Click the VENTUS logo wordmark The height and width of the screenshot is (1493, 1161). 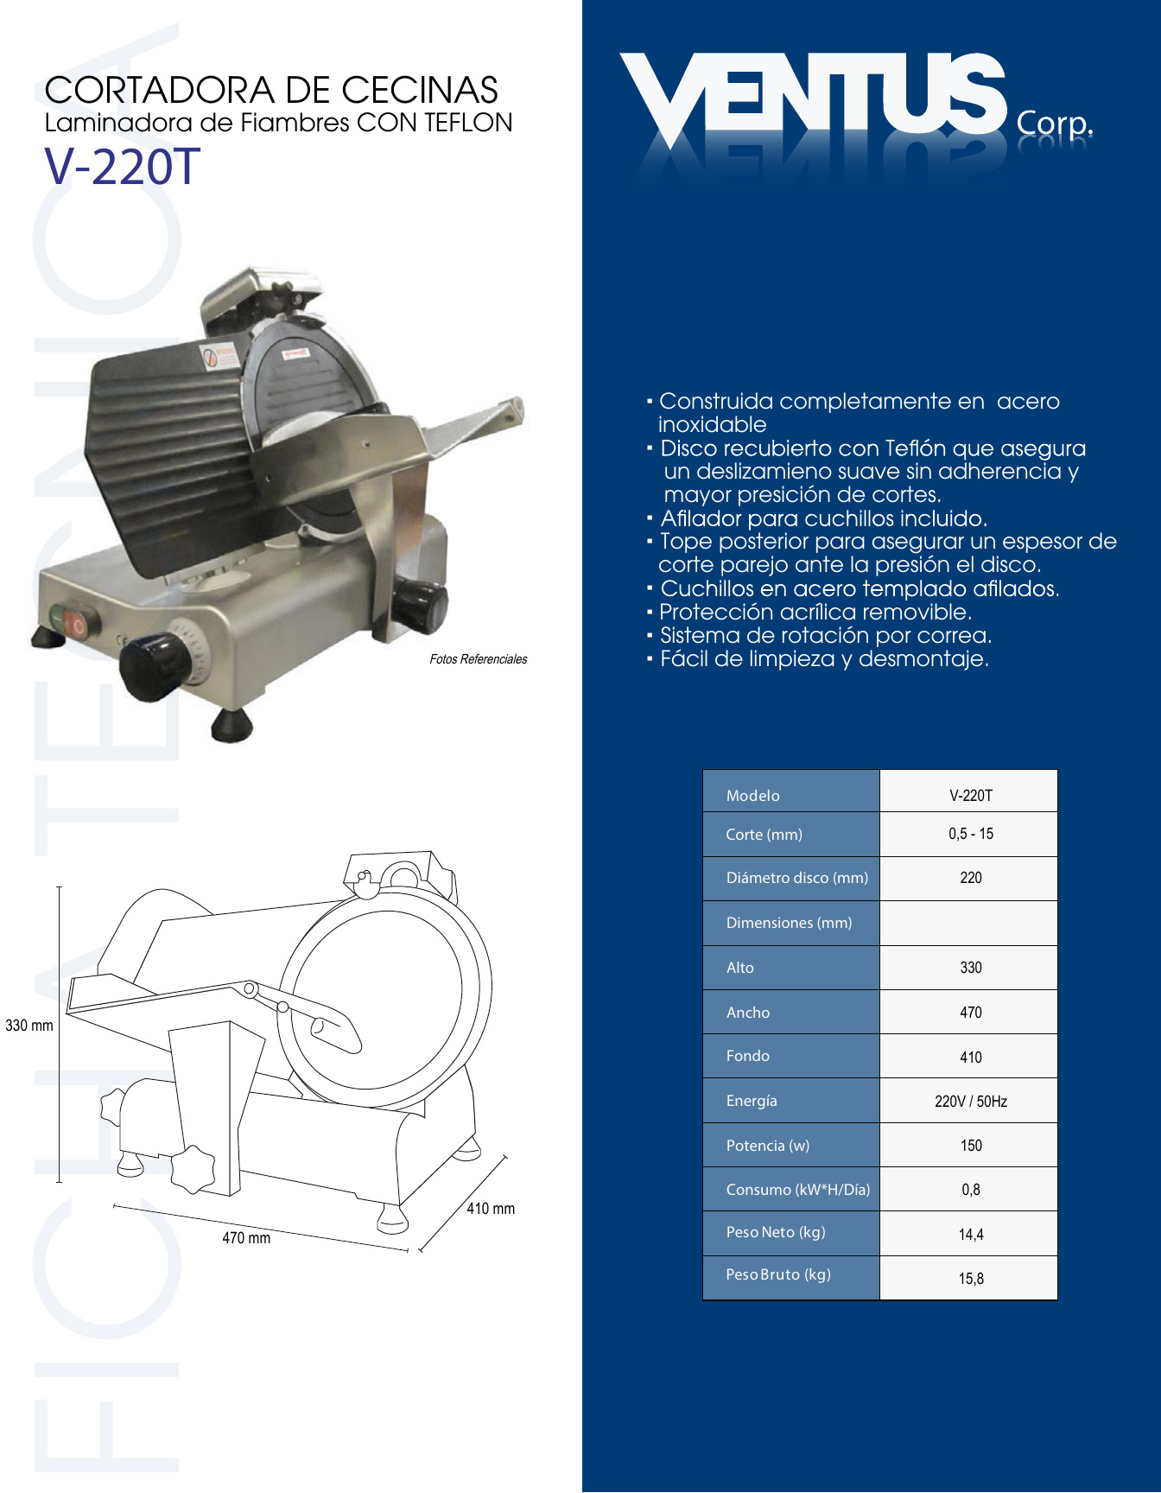813,97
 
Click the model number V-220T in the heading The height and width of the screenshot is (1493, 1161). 123,166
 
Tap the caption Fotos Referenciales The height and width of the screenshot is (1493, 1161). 479,659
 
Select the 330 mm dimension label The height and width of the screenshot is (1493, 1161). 29,1026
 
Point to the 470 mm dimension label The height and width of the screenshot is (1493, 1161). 246,1238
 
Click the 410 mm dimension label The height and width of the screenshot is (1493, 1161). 491,1209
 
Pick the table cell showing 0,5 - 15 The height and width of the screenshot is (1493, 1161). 971,834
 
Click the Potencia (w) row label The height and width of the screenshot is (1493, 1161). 768,1146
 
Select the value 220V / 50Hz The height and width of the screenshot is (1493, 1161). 971,1102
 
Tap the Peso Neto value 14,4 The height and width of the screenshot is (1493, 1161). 971,1235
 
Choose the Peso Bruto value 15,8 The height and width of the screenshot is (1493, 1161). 971,1279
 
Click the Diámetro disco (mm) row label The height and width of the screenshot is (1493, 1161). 797,878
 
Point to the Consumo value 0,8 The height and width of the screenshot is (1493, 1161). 971,1190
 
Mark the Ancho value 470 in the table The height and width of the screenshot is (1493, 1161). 971,1013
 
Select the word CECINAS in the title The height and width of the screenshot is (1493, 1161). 419,90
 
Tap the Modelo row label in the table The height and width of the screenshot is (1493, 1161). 753,796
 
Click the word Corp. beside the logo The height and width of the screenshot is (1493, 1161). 1055,124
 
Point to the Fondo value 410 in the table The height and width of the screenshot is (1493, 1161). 971,1058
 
